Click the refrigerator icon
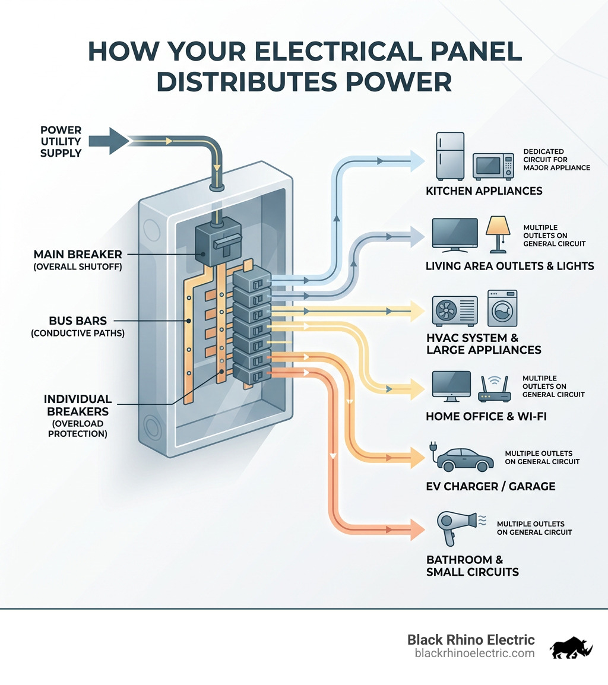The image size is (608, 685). (x=451, y=156)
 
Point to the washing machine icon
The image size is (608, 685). (x=502, y=308)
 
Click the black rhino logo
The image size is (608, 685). (x=571, y=648)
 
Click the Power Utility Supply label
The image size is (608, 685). (x=61, y=142)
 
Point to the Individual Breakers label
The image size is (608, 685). (x=78, y=405)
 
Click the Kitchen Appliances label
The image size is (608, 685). (x=484, y=191)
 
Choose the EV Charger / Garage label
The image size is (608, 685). (x=490, y=486)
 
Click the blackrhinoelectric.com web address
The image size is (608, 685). (x=474, y=653)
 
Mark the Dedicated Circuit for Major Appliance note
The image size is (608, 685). (x=556, y=160)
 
